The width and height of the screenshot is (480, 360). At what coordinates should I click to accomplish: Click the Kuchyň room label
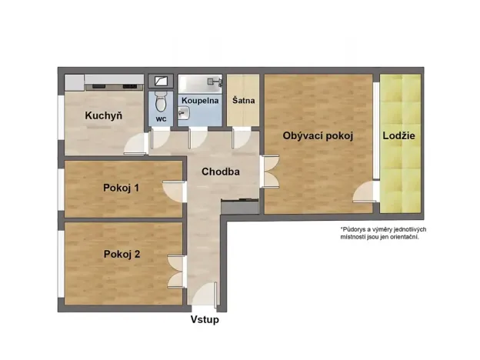(104, 116)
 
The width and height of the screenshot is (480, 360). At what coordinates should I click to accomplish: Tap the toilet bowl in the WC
(160, 101)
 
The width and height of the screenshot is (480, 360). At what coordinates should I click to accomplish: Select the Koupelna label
(200, 101)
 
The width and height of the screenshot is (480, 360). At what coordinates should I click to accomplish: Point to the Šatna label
(244, 101)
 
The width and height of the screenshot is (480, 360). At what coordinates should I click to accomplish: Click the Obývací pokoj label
(317, 136)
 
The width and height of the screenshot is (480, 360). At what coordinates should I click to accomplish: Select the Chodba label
(221, 172)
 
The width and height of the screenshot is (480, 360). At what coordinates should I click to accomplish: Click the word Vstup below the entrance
(205, 319)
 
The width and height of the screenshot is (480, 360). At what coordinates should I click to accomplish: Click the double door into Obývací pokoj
(272, 171)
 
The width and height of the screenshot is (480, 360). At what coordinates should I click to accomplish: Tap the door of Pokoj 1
(173, 191)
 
